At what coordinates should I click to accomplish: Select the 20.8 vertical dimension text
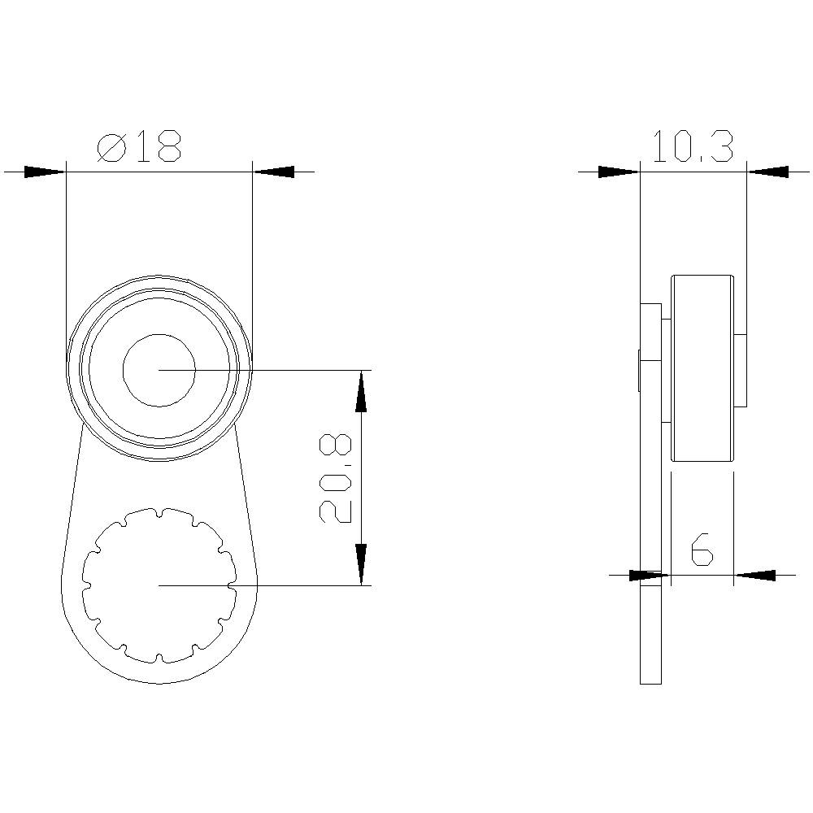[336, 478]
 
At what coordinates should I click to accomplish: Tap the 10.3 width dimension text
[693, 147]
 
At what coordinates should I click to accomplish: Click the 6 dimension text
[702, 550]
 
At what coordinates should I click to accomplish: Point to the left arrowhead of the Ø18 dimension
[45, 172]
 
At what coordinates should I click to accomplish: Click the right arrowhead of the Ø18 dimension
[273, 172]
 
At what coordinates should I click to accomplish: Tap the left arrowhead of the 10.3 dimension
[619, 172]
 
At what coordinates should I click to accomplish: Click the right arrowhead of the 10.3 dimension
[767, 172]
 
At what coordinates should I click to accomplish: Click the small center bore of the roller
[159, 370]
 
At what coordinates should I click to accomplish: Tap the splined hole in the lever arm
[159, 585]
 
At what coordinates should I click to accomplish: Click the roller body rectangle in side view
[702, 368]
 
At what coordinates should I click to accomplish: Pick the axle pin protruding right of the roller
[740, 370]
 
